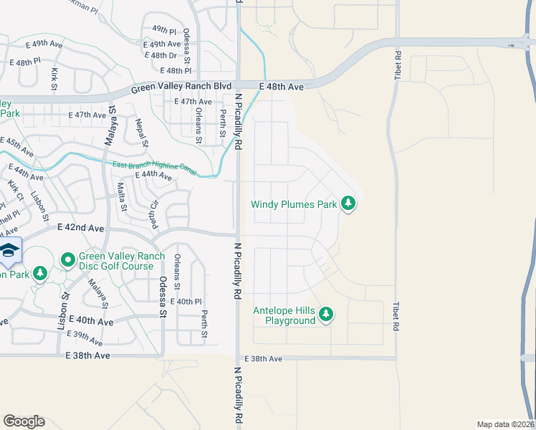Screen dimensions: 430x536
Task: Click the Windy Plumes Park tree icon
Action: point(348,204)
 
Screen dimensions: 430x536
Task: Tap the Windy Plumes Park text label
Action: point(294,204)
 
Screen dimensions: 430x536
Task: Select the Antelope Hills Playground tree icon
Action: point(326,315)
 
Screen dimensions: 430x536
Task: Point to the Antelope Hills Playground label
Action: point(284,315)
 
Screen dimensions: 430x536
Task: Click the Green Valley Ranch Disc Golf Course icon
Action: point(68,259)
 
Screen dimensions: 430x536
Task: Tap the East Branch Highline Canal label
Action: point(154,168)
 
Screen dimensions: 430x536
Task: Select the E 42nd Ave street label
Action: point(81,228)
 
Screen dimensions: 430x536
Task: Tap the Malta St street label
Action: point(121,198)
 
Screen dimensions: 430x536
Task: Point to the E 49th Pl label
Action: point(164,30)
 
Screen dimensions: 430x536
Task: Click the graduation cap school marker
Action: point(9,251)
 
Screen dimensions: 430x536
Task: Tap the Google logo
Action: point(24,421)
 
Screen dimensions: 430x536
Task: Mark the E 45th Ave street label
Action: point(16,147)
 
